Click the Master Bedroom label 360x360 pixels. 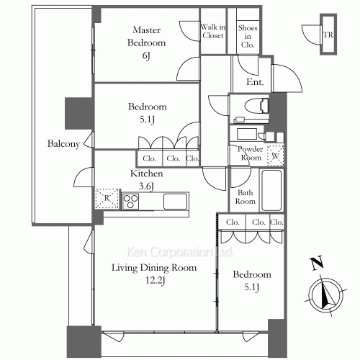[146, 36]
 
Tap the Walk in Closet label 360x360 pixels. [213, 31]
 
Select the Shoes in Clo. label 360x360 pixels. [248, 36]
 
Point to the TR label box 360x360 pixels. [328, 35]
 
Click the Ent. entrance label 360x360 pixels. [255, 82]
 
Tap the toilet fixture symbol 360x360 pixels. [256, 106]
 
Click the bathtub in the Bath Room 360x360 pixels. [271, 190]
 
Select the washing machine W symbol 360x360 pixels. [276, 156]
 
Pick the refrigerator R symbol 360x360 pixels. [107, 198]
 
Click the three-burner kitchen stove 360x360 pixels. [130, 202]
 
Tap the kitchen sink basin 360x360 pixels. [176, 202]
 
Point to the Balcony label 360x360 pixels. [63, 144]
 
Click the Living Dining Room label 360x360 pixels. [154, 267]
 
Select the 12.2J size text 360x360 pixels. [156, 280]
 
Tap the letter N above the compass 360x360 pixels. [317, 264]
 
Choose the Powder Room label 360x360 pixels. [251, 153]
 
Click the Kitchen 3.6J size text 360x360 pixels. [146, 186]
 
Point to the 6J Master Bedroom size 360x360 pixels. [146, 56]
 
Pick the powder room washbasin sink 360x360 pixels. [247, 134]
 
